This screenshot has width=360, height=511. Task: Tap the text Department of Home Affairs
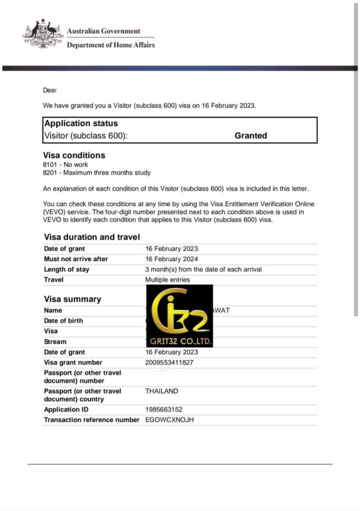click(111, 45)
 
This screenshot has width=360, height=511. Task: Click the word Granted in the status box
click(251, 136)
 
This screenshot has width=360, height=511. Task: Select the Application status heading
click(81, 123)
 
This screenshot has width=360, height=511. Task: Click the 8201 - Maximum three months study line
click(97, 173)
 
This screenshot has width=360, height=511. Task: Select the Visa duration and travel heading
click(92, 237)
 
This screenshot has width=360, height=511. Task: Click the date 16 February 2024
click(172, 259)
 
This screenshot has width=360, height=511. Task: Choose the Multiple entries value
click(168, 280)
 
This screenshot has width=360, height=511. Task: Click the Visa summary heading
click(72, 299)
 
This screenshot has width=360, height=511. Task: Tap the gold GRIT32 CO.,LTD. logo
click(179, 316)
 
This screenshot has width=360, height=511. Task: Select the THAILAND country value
click(162, 391)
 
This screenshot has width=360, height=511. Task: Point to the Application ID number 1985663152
click(167, 410)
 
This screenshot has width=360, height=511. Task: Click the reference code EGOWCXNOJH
click(170, 420)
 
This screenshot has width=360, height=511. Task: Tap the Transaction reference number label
click(92, 420)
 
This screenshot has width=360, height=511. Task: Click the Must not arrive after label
click(76, 259)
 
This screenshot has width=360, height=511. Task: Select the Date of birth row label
click(63, 320)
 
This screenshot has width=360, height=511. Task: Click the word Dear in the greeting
click(50, 90)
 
